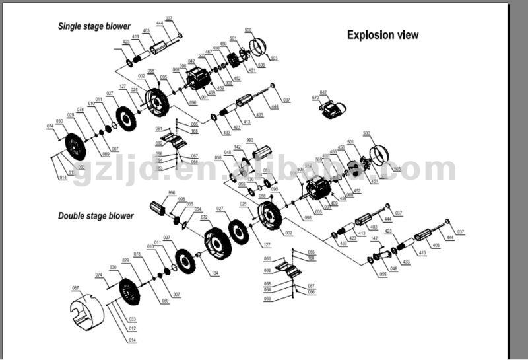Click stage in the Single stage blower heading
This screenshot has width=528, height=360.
pyautogui.click(x=98, y=27)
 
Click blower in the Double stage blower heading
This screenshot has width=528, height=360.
pyautogui.click(x=120, y=216)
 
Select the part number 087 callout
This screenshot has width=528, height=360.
pyautogui.click(x=75, y=288)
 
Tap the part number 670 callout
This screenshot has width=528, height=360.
pyautogui.click(x=315, y=98)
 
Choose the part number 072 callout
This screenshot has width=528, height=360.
pyautogui.click(x=205, y=217)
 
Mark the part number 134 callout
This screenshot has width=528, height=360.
pyautogui.click(x=214, y=273)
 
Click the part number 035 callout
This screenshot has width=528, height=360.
pyautogui.click(x=189, y=204)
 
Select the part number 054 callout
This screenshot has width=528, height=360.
pyautogui.click(x=197, y=209)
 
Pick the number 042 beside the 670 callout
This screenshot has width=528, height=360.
pyautogui.click(x=323, y=92)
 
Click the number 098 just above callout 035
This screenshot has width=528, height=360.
pyautogui.click(x=181, y=198)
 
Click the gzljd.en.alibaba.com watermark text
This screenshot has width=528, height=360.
pyautogui.click(x=264, y=169)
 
